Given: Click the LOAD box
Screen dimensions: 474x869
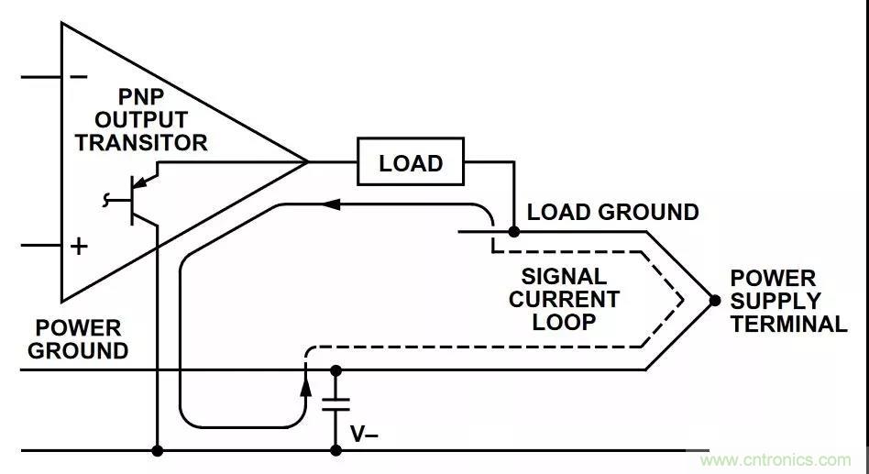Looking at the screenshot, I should [411, 163].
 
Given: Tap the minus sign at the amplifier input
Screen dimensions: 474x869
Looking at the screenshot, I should [80, 76].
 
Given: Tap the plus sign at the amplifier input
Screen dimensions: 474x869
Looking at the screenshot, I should [80, 246].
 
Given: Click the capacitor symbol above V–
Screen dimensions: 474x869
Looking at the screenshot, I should [335, 403].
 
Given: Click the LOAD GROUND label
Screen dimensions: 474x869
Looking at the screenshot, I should [612, 213].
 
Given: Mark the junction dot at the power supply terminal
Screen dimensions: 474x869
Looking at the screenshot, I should [715, 301].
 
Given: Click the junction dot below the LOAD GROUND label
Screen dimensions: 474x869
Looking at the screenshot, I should [513, 232].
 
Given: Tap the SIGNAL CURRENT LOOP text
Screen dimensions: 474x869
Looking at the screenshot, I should [564, 299].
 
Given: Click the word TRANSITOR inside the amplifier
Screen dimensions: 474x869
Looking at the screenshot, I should [141, 143].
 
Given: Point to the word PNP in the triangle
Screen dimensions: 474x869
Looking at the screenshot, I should [140, 97].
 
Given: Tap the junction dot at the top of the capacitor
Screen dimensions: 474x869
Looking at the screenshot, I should [335, 370].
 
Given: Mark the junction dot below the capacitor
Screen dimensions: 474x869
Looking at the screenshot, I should [335, 450].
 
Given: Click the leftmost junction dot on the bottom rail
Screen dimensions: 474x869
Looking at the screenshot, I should [159, 450].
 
